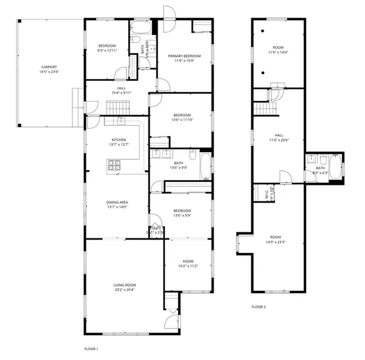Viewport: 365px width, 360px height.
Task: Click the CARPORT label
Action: [49, 67]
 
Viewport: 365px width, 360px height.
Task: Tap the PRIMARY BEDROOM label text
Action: [184, 56]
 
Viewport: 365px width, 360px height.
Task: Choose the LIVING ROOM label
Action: [124, 285]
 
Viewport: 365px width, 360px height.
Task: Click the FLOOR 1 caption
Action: [91, 349]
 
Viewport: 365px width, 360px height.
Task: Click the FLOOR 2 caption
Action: [259, 306]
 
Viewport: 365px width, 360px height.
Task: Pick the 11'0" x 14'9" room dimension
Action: [278, 52]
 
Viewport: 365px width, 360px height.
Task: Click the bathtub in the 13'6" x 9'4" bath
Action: [205, 165]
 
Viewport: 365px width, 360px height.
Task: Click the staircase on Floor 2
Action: [265, 109]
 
